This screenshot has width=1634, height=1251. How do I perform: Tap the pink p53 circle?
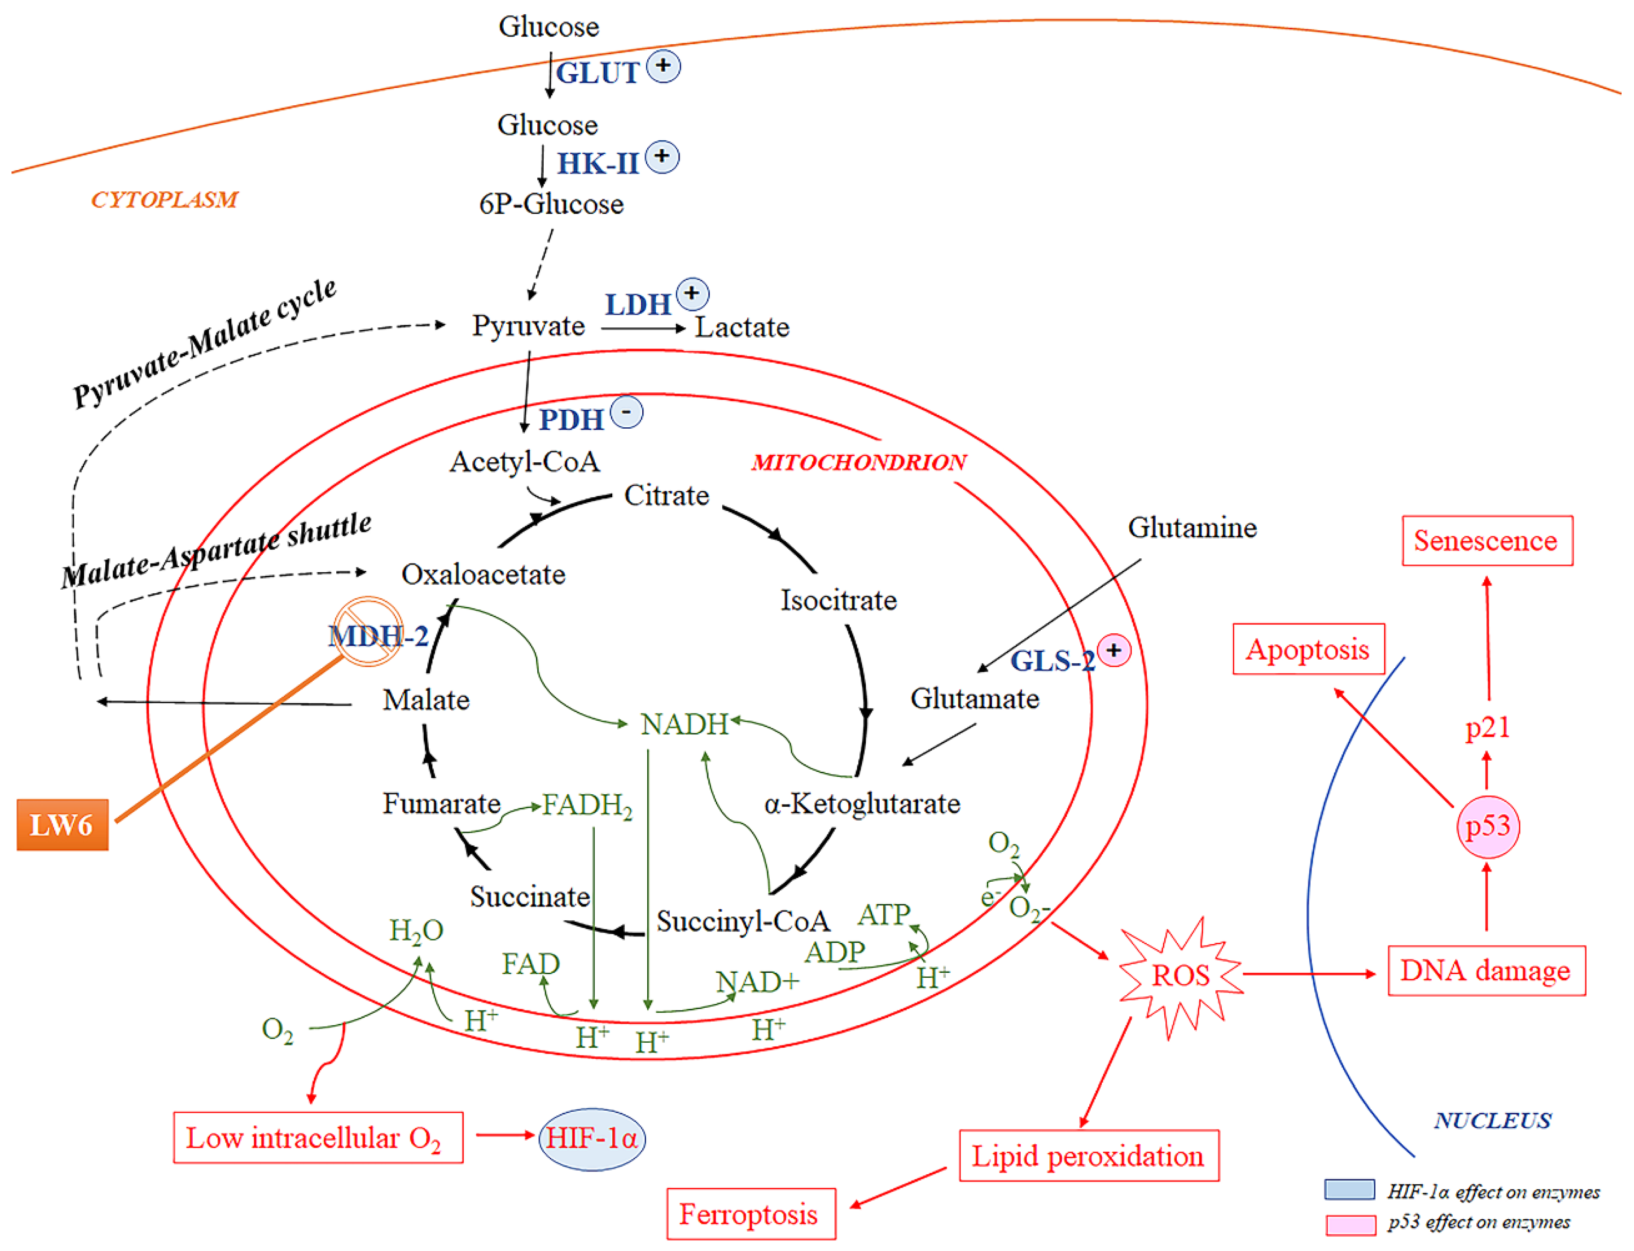(x=1487, y=826)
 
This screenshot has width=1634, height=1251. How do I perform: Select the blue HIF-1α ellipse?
(x=592, y=1139)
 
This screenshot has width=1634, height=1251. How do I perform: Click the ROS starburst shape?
(x=1180, y=976)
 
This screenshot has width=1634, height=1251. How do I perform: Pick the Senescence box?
(x=1486, y=540)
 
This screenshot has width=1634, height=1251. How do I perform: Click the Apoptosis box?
(x=1308, y=649)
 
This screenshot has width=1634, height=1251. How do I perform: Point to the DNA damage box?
(x=1486, y=971)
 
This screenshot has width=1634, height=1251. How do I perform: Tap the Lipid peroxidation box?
(x=1088, y=1156)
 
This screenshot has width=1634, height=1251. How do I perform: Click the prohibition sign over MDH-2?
(x=368, y=631)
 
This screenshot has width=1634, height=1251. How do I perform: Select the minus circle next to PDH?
(x=627, y=412)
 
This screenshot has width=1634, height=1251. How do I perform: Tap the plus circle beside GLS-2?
(x=1113, y=650)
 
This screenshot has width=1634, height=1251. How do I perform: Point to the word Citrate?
(x=667, y=495)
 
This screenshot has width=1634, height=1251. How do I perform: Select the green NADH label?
(x=684, y=724)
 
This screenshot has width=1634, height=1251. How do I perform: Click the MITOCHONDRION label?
(x=859, y=462)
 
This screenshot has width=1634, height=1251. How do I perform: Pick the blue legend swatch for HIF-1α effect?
(x=1349, y=1190)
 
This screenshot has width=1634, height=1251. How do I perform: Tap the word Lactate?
(x=742, y=327)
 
